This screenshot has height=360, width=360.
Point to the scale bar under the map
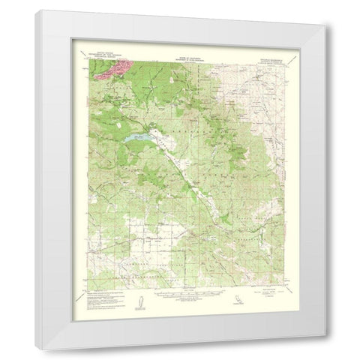179,295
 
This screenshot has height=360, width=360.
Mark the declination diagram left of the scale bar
137,298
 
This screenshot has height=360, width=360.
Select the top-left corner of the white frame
36,10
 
